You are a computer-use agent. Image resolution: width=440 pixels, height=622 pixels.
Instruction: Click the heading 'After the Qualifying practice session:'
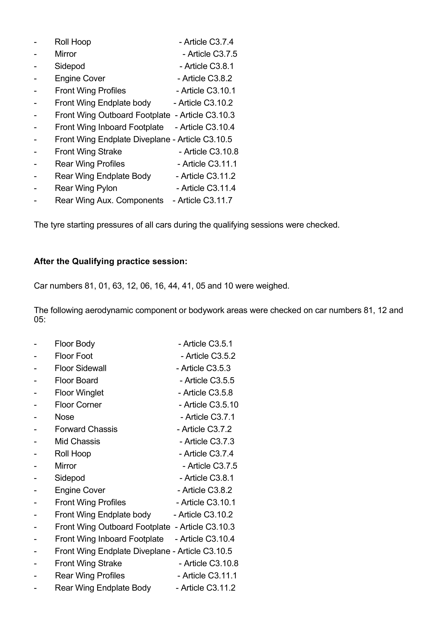point(110,261)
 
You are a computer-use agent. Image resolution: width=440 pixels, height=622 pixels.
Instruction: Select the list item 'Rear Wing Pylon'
point(86,188)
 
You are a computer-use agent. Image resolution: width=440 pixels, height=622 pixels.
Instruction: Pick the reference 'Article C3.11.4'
point(208,188)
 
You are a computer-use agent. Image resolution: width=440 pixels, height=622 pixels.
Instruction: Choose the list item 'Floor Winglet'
point(79,393)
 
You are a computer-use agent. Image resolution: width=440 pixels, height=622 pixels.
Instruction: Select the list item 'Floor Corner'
point(78,405)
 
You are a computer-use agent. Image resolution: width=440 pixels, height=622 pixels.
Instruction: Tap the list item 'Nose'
point(65,417)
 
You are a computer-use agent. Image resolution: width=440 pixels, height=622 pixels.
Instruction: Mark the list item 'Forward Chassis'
point(86,429)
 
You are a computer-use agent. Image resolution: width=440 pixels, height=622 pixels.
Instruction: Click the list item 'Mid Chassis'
point(77,441)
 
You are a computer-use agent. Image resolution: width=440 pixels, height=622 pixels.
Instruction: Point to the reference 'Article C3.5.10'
point(211,405)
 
